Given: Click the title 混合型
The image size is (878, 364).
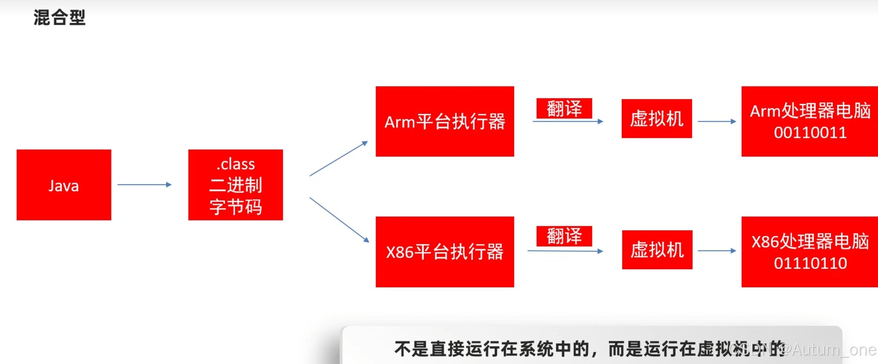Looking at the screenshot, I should pos(60,17).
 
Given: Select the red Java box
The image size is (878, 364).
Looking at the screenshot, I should pos(64,185).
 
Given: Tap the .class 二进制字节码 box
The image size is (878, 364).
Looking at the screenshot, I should pos(235,185).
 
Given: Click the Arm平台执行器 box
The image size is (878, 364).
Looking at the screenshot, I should pos(445,121).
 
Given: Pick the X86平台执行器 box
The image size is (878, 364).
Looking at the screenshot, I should pos(445,252).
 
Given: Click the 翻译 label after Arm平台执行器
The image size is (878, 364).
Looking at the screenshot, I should pos(564,108).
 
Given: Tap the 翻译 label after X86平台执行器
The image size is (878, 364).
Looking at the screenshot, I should pos(564,236).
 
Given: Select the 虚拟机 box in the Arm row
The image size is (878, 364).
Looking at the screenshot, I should pos(656,118).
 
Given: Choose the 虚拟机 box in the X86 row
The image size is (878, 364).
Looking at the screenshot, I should pos(657,250).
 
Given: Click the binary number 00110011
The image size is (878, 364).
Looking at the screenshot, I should pos(810,133).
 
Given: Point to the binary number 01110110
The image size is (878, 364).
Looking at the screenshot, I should pos(810,263).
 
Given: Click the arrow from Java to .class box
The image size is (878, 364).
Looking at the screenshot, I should pos(144,185).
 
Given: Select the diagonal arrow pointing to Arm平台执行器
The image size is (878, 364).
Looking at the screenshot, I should pos(338,159).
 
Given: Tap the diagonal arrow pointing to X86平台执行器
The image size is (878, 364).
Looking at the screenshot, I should pos(339,220).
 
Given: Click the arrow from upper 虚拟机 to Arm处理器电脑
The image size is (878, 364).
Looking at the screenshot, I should pos(716,122).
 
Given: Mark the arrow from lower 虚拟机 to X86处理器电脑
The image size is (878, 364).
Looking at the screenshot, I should pos(716,251).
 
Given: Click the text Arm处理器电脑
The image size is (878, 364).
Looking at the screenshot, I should pos(810,111).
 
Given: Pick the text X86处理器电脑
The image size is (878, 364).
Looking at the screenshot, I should pos(810,241).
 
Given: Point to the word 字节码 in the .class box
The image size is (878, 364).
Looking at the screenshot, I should pos(235,207).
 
